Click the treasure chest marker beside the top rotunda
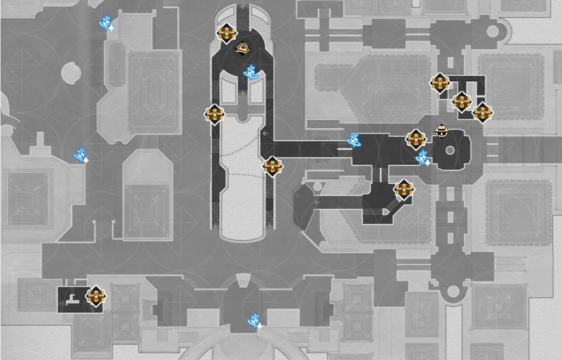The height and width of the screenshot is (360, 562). (x=225, y=32)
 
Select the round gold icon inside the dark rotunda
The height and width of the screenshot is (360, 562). (x=243, y=48)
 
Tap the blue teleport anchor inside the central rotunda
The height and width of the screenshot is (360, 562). (x=251, y=71)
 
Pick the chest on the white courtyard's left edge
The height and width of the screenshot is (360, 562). (x=215, y=114)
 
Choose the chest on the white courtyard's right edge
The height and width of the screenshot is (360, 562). (x=272, y=166)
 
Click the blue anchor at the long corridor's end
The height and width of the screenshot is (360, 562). (x=354, y=140)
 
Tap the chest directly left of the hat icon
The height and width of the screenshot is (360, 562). (x=416, y=139)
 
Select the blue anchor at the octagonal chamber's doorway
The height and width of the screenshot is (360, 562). (x=422, y=157)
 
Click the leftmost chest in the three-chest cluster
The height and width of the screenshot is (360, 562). (x=441, y=83)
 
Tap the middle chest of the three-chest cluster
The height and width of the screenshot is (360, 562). (x=463, y=102)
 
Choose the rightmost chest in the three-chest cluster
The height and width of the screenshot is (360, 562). (x=482, y=111)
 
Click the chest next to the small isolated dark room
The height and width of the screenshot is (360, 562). (x=96, y=296)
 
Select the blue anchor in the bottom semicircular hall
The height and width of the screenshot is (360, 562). (x=254, y=318)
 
